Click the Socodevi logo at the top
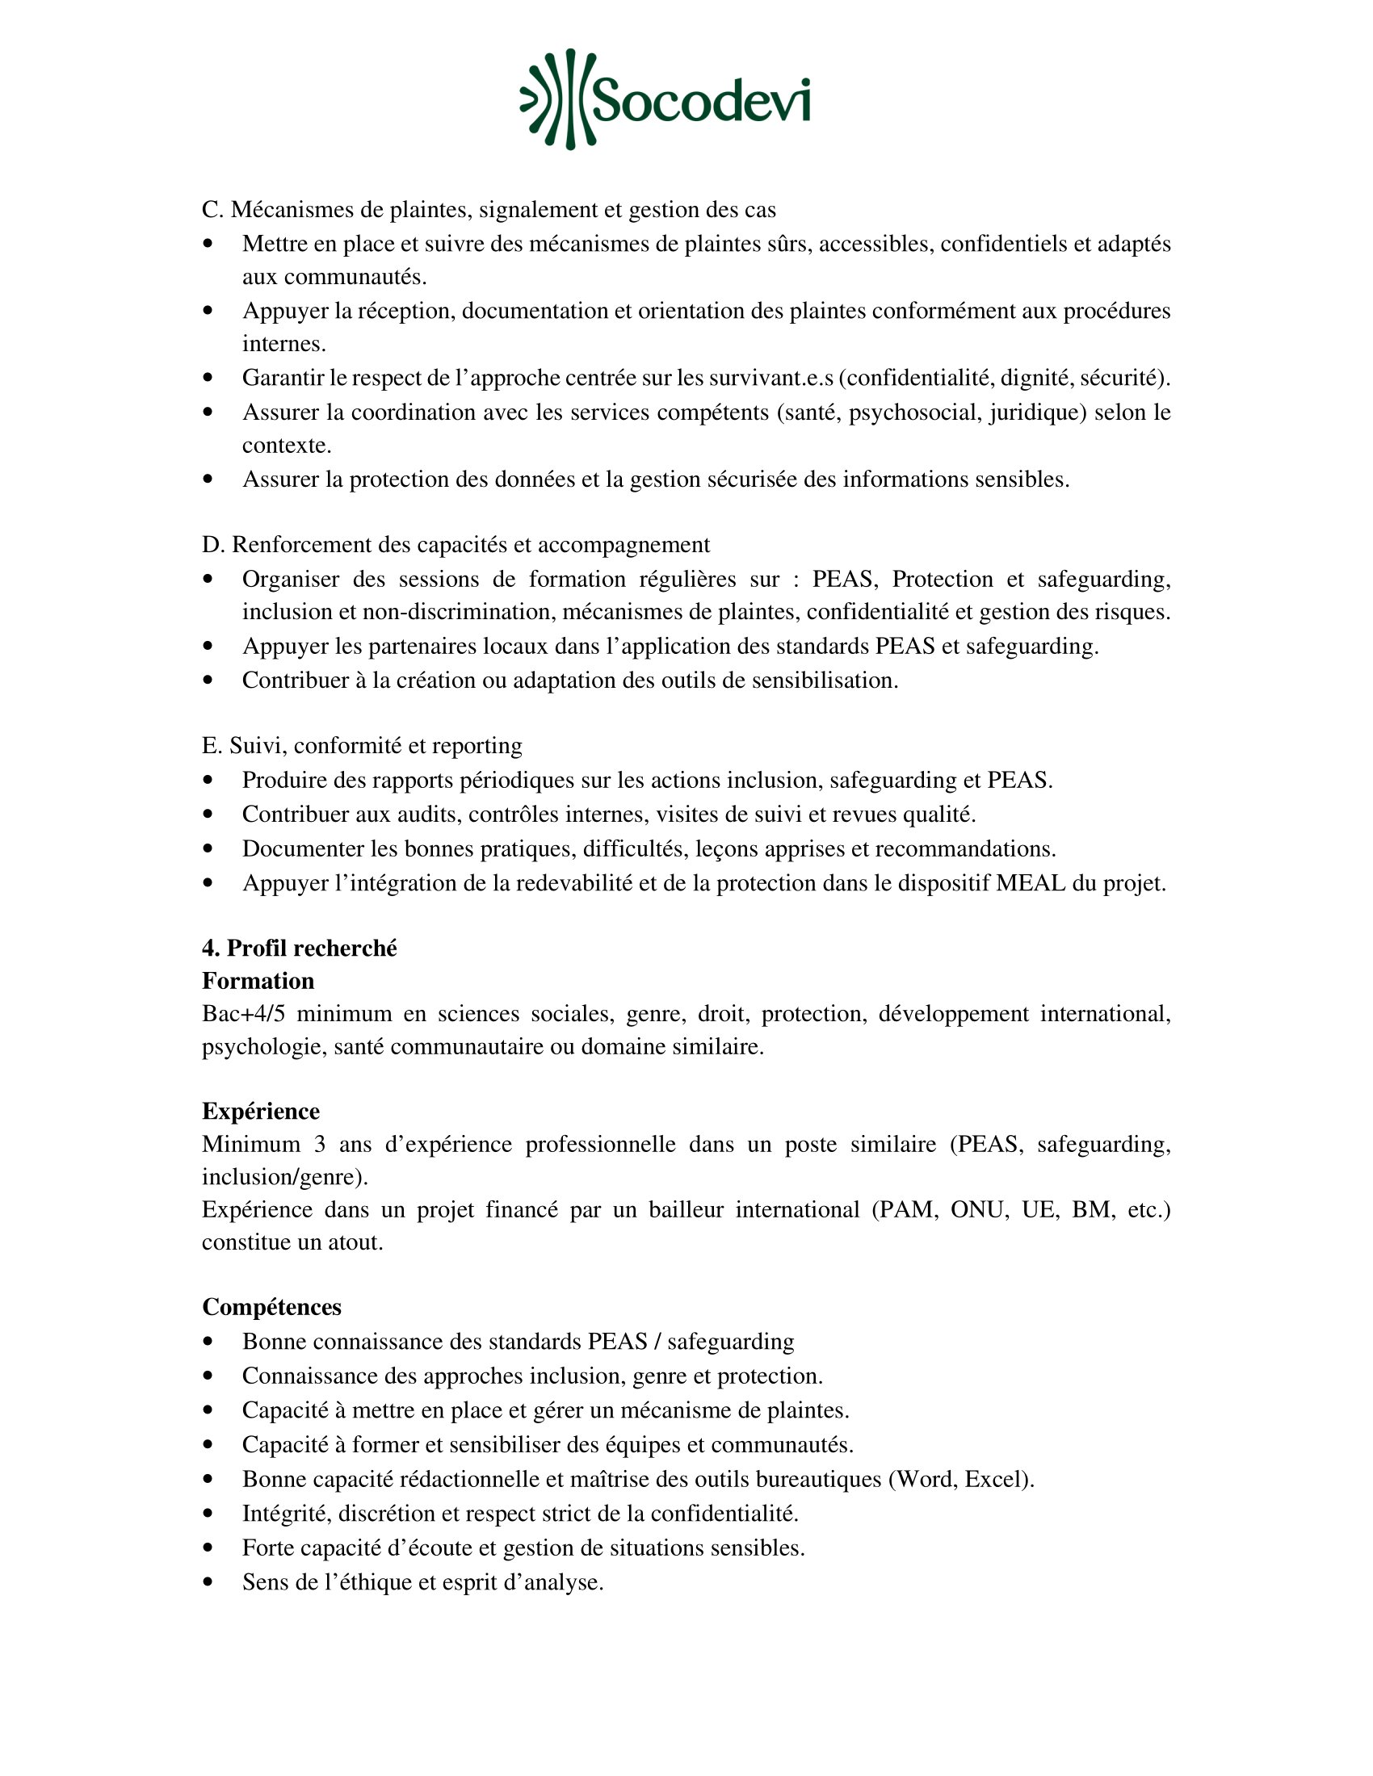(666, 99)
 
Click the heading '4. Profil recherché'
(300, 949)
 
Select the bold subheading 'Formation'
(258, 981)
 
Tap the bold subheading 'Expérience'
(260, 1111)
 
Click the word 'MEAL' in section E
(1030, 883)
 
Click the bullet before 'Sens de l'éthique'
(209, 1581)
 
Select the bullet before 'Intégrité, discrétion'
(209, 1514)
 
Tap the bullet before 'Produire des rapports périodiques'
(209, 780)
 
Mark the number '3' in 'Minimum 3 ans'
(320, 1144)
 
